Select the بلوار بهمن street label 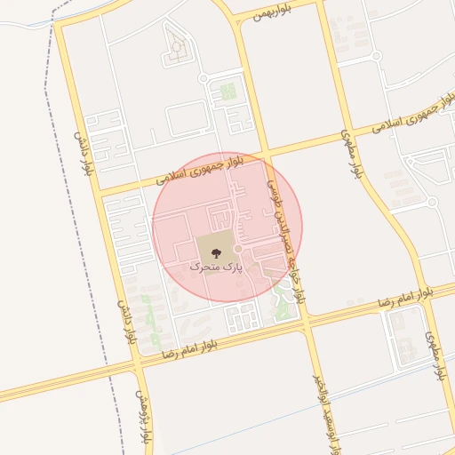pyautogui.click(x=271, y=12)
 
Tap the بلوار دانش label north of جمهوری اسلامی pyautogui.click(x=82, y=153)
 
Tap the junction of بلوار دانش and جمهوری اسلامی pyautogui.click(x=99, y=190)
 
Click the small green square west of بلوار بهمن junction pyautogui.click(x=228, y=91)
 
